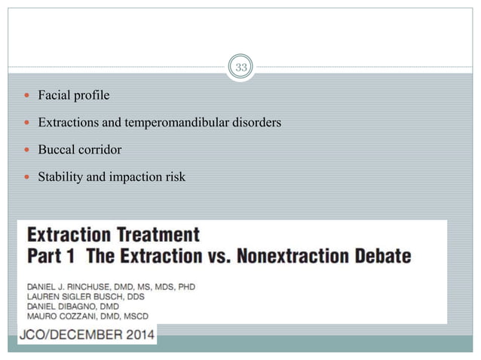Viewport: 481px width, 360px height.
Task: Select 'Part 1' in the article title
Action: click(x=53, y=255)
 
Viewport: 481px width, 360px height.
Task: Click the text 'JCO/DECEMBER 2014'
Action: click(x=87, y=333)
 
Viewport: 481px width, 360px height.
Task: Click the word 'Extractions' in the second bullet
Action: click(x=68, y=123)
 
